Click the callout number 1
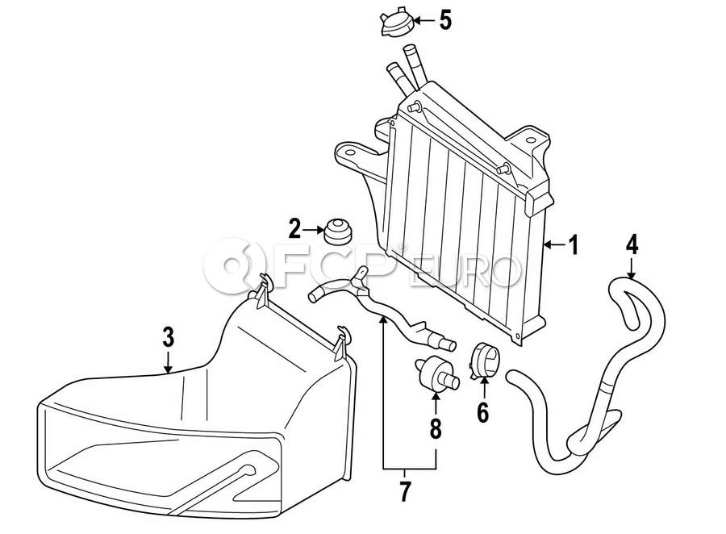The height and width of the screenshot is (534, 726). [574, 245]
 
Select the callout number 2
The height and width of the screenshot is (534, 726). [294, 229]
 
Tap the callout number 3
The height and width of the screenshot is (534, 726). [169, 337]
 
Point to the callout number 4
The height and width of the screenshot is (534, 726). [632, 244]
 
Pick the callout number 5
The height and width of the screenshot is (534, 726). [445, 20]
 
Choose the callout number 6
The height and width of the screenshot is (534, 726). [483, 413]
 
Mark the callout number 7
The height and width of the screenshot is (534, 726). [405, 492]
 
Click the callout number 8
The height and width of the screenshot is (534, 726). [436, 429]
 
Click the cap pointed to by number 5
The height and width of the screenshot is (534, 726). [394, 23]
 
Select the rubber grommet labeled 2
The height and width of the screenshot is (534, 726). [337, 232]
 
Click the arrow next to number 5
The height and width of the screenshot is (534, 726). [423, 20]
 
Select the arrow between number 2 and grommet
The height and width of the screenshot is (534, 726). [313, 229]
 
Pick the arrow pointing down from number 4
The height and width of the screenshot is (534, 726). [632, 268]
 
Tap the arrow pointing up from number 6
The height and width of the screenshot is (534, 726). [483, 389]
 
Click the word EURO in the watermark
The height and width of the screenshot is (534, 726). [467, 273]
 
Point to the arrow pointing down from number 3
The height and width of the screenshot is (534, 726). [169, 361]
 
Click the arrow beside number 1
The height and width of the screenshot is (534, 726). [555, 244]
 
